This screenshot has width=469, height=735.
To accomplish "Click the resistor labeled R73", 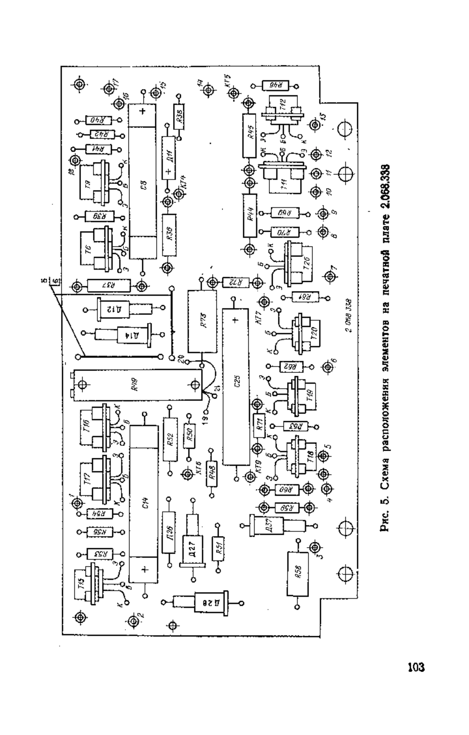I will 202,321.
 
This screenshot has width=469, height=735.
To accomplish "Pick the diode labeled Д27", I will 193,543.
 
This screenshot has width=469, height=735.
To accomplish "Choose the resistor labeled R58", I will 297,573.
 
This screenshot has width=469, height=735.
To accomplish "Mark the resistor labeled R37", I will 109,286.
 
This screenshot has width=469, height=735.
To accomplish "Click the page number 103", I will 415,667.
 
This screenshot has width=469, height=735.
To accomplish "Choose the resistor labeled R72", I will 234,282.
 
